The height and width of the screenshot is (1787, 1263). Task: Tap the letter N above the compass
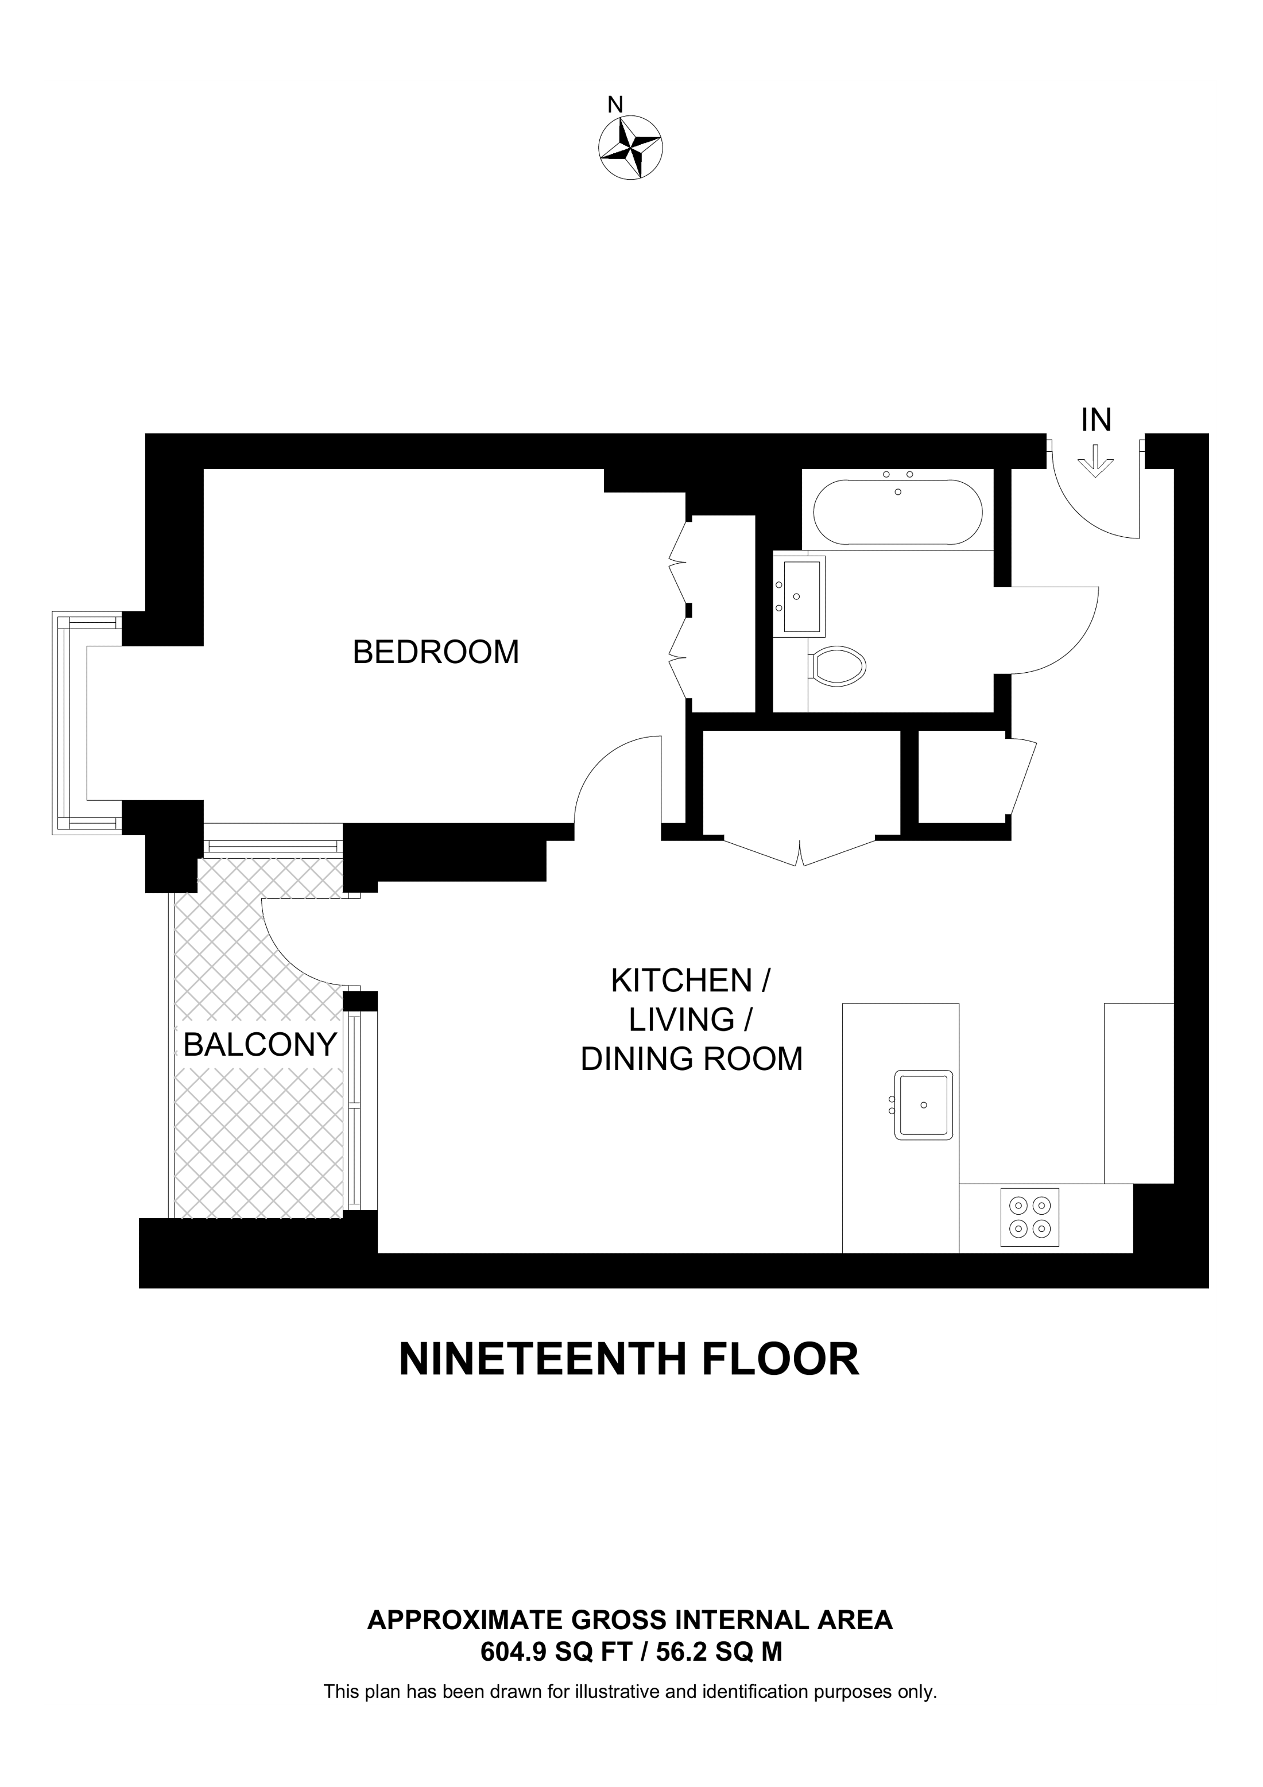pyautogui.click(x=615, y=104)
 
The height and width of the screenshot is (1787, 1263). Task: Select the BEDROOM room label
pyautogui.click(x=436, y=652)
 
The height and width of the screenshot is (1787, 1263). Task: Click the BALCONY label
pyautogui.click(x=260, y=1045)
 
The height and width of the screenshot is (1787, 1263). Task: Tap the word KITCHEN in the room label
pyautogui.click(x=681, y=980)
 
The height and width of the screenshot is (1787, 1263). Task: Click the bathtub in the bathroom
pyautogui.click(x=897, y=511)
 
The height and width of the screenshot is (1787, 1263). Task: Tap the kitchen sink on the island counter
pyautogui.click(x=923, y=1105)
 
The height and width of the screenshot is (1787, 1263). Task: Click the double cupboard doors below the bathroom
pyautogui.click(x=800, y=852)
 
